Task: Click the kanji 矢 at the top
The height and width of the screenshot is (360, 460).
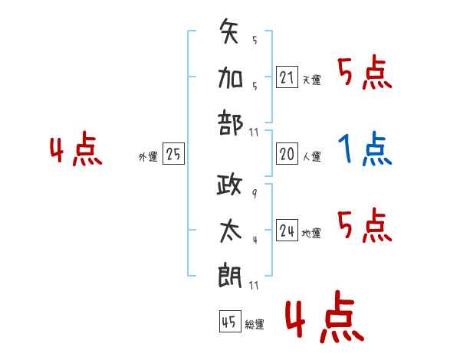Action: pyautogui.click(x=228, y=31)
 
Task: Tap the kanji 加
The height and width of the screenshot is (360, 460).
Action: pyautogui.click(x=230, y=77)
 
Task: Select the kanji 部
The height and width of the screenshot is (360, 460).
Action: pyautogui.click(x=230, y=123)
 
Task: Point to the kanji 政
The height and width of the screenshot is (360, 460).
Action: pyautogui.click(x=229, y=185)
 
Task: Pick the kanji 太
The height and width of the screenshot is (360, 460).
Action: pyautogui.click(x=231, y=231)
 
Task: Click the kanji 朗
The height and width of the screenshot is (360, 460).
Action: pyautogui.click(x=230, y=276)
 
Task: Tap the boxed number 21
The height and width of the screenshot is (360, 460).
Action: pyautogui.click(x=287, y=77)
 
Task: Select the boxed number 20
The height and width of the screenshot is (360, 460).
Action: pyautogui.click(x=287, y=154)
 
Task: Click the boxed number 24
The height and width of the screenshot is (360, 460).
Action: pyautogui.click(x=287, y=230)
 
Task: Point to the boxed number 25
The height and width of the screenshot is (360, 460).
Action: pyautogui.click(x=173, y=154)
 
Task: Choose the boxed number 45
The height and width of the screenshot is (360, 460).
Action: pyautogui.click(x=230, y=321)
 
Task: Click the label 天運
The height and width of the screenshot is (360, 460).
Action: pyautogui.click(x=312, y=80)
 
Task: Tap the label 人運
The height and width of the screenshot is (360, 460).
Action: pyautogui.click(x=312, y=156)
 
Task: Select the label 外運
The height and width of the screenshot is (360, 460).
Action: pyautogui.click(x=148, y=156)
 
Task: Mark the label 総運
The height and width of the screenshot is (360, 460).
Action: pyautogui.click(x=255, y=325)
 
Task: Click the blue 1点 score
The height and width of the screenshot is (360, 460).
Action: pyautogui.click(x=365, y=149)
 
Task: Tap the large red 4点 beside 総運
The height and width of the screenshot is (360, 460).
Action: pyautogui.click(x=324, y=316)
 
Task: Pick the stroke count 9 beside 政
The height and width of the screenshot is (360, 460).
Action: pyautogui.click(x=255, y=194)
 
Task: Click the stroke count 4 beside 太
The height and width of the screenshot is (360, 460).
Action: pyautogui.click(x=255, y=240)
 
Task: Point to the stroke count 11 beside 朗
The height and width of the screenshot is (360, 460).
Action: pyautogui.click(x=254, y=285)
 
